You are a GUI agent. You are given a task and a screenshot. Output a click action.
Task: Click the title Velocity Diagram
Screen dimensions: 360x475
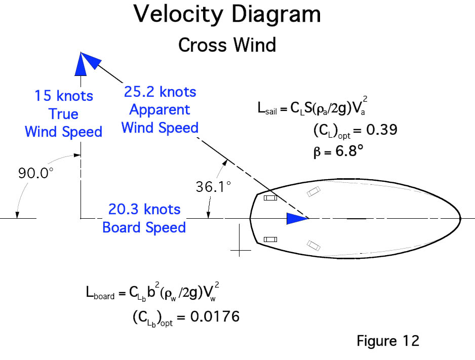[x=227, y=15]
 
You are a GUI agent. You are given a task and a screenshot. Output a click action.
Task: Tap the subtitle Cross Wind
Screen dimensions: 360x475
[x=227, y=45]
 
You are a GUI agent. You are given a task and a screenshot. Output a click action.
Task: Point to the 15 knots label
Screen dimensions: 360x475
[x=64, y=95]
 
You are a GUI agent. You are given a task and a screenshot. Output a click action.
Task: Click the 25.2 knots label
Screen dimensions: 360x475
[x=160, y=92]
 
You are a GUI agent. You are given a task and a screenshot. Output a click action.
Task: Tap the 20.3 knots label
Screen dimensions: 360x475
[x=144, y=209]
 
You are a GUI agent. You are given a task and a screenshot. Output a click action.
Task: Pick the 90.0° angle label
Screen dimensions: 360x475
[x=36, y=173]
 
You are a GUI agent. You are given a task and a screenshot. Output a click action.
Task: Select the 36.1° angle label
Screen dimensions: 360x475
[x=213, y=186]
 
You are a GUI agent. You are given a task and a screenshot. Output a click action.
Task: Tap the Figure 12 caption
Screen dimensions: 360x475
[x=388, y=341]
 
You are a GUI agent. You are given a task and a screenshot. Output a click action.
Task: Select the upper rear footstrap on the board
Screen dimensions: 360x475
[x=270, y=198]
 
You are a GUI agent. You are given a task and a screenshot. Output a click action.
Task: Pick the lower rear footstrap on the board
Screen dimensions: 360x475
[x=270, y=239]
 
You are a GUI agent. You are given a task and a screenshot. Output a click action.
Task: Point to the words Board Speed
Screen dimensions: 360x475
[x=144, y=227]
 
